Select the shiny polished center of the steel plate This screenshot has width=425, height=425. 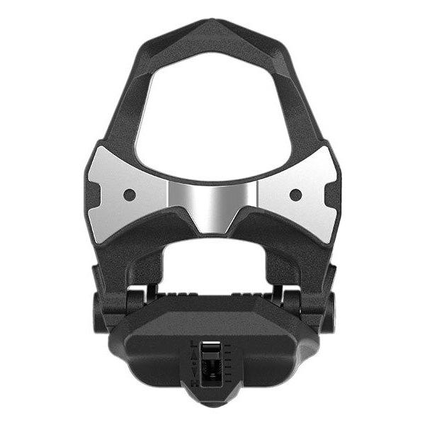tap(212, 202)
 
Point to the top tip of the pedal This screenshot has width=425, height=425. tap(212, 25)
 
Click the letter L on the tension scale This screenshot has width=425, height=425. tap(195, 344)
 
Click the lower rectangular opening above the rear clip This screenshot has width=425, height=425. tap(212, 266)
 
